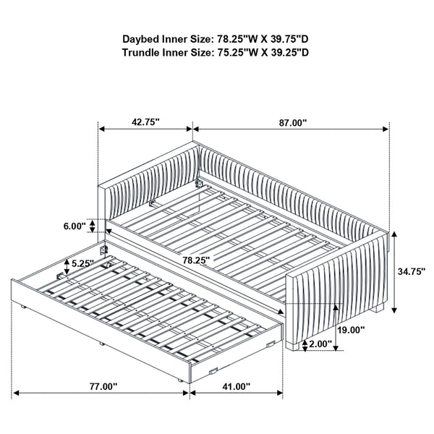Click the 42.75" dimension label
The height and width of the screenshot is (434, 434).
click(x=145, y=123)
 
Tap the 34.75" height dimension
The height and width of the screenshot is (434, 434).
click(x=409, y=272)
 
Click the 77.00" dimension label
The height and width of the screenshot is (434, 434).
click(x=101, y=387)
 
